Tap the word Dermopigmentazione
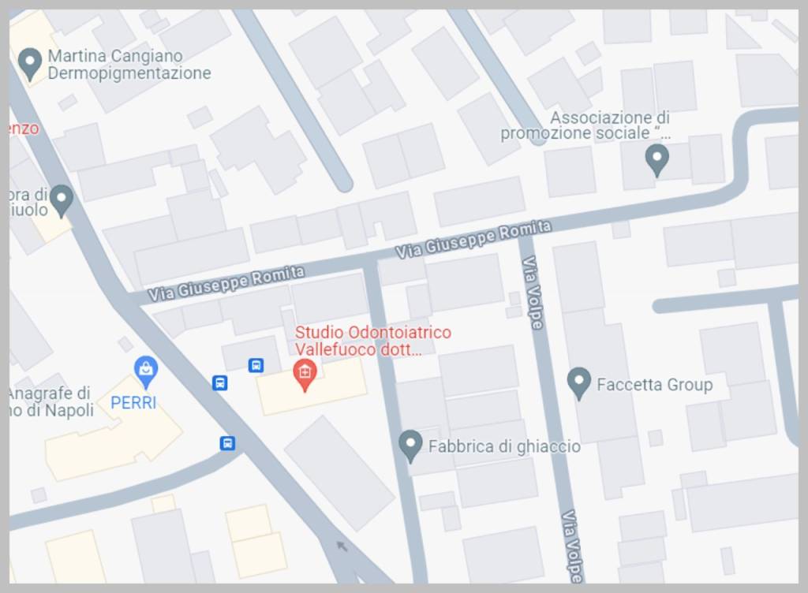pos(129,73)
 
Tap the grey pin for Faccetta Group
pos(579,382)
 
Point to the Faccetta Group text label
pos(654,385)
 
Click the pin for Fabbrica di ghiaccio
pos(410,445)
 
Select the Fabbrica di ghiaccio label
pos(504,446)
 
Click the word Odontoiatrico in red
pos(400,332)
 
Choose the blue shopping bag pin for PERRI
pos(145,368)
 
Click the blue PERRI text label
pos(133,402)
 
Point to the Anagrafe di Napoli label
pos(50,401)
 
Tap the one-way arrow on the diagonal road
pos(342,545)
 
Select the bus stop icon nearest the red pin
pos(256,365)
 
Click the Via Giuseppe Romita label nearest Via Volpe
pos(473,239)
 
